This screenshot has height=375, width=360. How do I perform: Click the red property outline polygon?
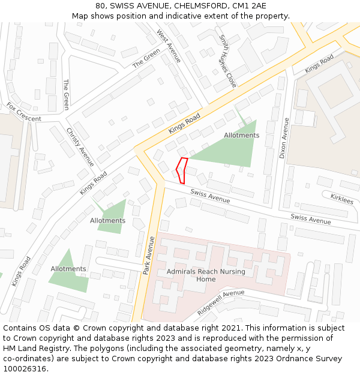182,170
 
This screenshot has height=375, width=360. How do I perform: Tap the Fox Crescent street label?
24,112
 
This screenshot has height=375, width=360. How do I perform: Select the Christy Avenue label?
80,147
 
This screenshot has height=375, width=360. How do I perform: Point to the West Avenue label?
169,46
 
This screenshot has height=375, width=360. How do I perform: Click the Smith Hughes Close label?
227,61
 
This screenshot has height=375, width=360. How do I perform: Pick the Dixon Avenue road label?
284,137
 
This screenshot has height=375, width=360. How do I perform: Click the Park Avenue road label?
149,256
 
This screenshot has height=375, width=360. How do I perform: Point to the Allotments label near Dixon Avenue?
241,136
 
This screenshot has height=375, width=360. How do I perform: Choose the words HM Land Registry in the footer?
33,349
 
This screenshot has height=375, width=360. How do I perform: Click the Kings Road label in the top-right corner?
319,64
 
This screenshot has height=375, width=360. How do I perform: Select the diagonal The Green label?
146,58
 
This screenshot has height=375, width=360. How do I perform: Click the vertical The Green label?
66,95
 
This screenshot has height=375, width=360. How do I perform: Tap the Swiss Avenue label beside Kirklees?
310,219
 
